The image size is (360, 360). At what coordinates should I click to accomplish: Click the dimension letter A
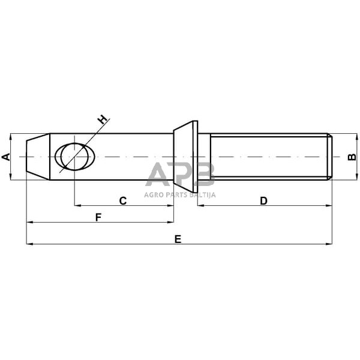pos(6,157)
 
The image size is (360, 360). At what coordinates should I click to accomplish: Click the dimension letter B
pos(352,157)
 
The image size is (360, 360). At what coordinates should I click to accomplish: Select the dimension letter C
pos(122,200)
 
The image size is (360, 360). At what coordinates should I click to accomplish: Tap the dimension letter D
pos(263,200)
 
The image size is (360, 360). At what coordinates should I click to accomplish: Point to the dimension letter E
pos(178,239)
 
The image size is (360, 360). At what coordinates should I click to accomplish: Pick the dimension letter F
pos(98,217)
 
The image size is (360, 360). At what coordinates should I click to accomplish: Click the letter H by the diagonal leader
pos(104,119)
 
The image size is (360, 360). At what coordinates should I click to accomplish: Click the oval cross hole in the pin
pos(75,157)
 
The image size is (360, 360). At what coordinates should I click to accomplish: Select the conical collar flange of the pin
pos(186,157)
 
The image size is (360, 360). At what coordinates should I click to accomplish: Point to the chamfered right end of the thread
pos(330,157)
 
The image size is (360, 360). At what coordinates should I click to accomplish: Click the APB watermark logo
pos(180,175)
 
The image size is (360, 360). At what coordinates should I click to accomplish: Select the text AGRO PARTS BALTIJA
pos(180,194)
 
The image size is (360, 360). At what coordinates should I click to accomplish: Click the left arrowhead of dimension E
pos(29,244)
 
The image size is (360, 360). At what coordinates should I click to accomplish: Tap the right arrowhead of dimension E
pos(329,244)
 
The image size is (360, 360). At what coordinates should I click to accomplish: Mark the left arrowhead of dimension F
pos(29,223)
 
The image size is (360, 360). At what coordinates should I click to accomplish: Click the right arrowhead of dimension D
pos(329,206)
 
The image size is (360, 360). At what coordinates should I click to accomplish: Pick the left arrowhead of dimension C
pos(77,206)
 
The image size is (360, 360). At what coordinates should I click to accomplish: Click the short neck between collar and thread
pos(204,157)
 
